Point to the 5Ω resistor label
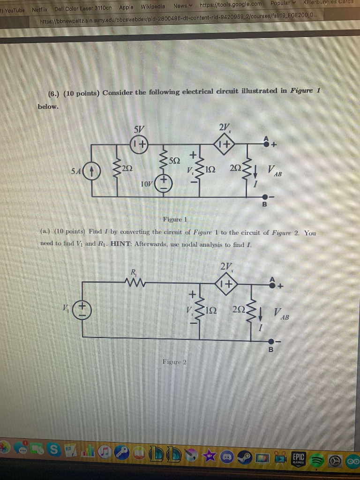tap(174, 160)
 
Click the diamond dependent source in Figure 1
tap(224, 144)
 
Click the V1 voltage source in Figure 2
tap(82, 310)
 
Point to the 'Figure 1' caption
tap(175, 219)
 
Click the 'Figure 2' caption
tap(174, 361)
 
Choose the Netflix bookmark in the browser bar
tap(40, 8)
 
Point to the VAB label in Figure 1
tap(274, 170)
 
